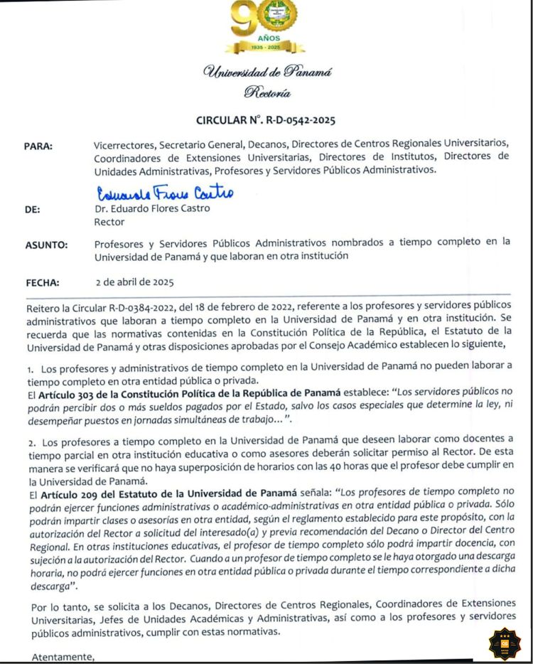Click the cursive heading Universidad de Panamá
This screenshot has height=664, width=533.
266,71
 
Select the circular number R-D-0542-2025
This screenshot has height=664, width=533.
266,120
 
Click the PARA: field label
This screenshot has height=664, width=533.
39,146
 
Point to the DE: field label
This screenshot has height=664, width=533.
33,210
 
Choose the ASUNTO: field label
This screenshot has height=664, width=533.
47,245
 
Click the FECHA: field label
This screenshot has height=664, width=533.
42,282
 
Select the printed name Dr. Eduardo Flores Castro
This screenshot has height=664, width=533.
152,209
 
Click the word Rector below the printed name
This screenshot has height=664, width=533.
109,222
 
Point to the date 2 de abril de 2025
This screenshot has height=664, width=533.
134,282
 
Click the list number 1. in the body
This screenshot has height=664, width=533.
31,370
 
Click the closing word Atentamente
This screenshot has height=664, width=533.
63,657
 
